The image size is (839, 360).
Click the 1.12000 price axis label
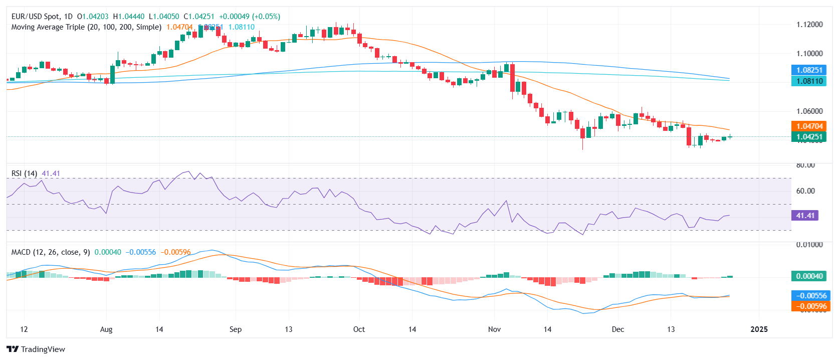click(809, 25)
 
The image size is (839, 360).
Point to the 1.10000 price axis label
click(809, 54)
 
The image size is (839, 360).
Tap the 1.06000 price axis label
click(809, 111)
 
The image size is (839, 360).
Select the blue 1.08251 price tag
click(809, 70)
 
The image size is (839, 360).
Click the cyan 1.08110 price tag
click(809, 81)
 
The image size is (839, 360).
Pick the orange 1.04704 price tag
click(809, 126)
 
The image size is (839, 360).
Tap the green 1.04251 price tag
click(809, 137)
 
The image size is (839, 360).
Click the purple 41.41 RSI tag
click(805, 216)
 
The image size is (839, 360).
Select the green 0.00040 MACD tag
click(809, 276)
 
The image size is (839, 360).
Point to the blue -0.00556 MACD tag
click(809, 296)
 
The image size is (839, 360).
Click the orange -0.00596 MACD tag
click(809, 306)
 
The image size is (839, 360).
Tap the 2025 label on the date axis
click(759, 329)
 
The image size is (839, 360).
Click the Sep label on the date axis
click(235, 329)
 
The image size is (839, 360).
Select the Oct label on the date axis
click(359, 329)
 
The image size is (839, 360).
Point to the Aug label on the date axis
click(106, 329)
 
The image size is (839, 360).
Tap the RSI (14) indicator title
click(24, 173)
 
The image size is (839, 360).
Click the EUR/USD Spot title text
click(35, 17)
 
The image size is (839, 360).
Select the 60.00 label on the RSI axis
click(805, 191)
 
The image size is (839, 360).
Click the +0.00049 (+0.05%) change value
click(250, 17)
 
